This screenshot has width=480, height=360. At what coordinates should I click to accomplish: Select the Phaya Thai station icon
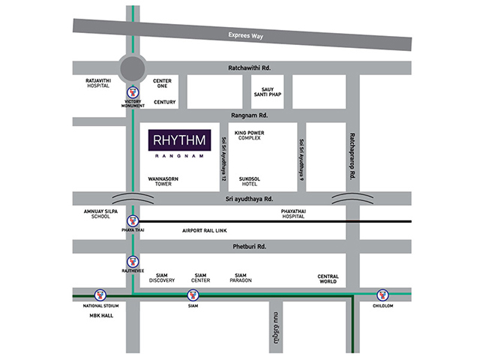point(133,220)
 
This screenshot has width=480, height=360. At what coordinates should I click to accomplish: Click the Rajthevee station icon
point(133,262)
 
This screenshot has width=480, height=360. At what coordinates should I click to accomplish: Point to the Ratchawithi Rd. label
point(249,67)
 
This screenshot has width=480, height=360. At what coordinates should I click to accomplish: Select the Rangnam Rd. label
point(249,115)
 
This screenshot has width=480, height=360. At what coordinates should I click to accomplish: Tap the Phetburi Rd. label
point(249,246)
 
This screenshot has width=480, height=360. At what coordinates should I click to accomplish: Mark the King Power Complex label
point(248,136)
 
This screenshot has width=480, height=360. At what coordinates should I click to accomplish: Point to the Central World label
point(328,278)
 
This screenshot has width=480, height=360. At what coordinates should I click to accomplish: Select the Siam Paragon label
point(241,278)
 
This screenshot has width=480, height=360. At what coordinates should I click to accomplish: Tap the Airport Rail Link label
point(203,230)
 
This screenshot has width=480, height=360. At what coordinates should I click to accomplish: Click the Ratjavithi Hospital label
point(98,83)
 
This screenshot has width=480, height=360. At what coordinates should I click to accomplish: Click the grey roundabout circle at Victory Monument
point(133,69)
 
